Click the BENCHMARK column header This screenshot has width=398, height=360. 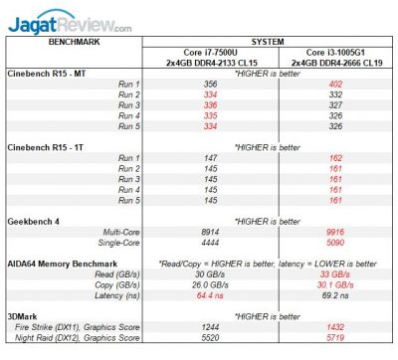click(x=69, y=43)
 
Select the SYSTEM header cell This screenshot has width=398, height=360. click(x=269, y=43)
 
